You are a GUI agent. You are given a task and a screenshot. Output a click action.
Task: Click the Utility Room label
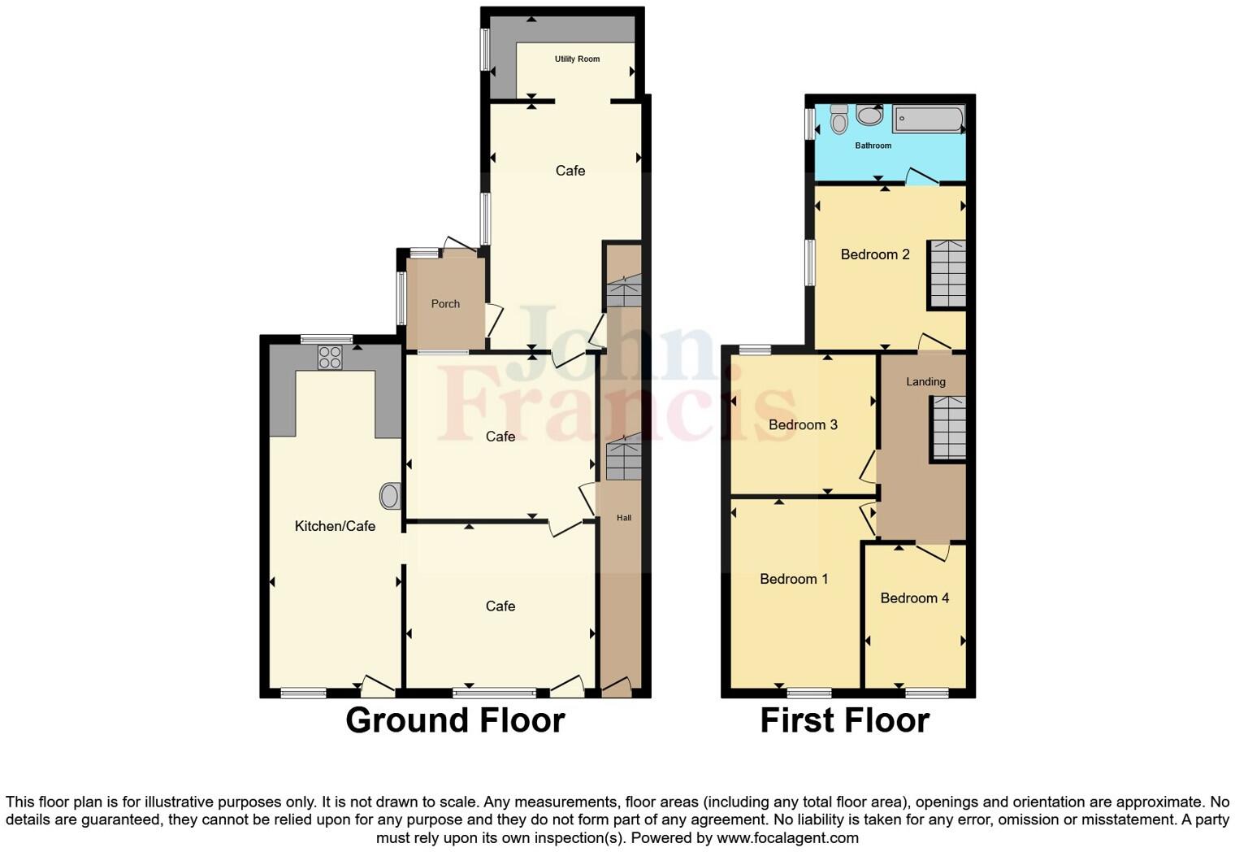tap(577, 59)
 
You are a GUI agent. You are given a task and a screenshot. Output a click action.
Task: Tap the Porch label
tap(445, 304)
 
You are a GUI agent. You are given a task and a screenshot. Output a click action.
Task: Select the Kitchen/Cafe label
tap(335, 526)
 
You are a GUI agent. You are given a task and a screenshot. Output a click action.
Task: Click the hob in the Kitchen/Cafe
tap(330, 357)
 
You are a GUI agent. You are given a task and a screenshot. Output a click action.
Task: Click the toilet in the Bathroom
tap(839, 120)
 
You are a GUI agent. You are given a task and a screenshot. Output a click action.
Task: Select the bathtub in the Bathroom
tap(928, 120)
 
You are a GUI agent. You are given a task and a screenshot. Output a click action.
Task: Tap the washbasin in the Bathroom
tap(869, 115)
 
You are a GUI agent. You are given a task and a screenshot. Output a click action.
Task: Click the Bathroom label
tap(873, 146)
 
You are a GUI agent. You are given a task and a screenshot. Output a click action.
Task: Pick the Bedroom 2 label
tap(875, 254)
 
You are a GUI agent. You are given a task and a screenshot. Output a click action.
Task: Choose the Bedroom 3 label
tap(803, 424)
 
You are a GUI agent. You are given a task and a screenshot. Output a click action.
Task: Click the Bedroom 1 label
tap(794, 579)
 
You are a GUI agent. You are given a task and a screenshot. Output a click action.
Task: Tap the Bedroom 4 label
tap(915, 598)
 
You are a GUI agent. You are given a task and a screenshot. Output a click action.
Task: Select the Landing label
tap(925, 381)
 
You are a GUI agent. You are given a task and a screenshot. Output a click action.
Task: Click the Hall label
tap(624, 518)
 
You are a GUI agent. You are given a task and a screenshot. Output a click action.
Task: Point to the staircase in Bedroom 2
tap(947, 274)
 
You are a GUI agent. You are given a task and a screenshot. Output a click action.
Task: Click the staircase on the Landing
tap(947, 428)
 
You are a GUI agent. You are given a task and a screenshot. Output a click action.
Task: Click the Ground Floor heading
tap(455, 720)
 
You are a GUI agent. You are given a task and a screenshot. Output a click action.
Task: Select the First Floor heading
tap(844, 720)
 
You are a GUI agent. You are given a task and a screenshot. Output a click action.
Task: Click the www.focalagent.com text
tap(786, 837)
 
